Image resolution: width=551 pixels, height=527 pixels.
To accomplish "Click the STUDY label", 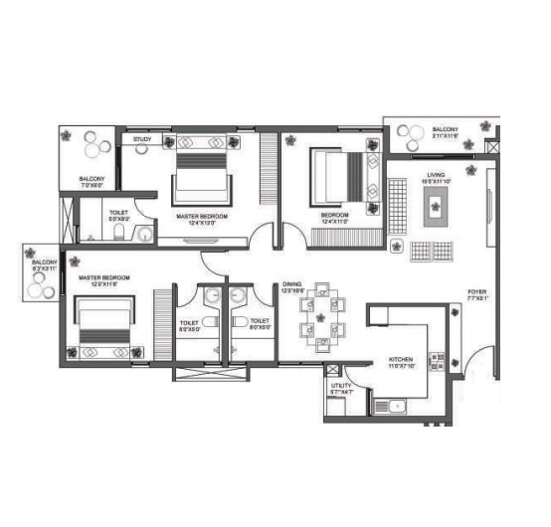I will pyautogui.click(x=142, y=140).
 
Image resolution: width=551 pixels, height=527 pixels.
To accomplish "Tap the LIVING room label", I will pyautogui.click(x=436, y=177).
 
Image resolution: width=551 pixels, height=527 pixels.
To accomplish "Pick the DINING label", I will pyautogui.click(x=291, y=284).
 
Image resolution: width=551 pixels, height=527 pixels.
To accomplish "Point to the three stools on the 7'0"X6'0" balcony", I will pyautogui.click(x=96, y=145).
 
